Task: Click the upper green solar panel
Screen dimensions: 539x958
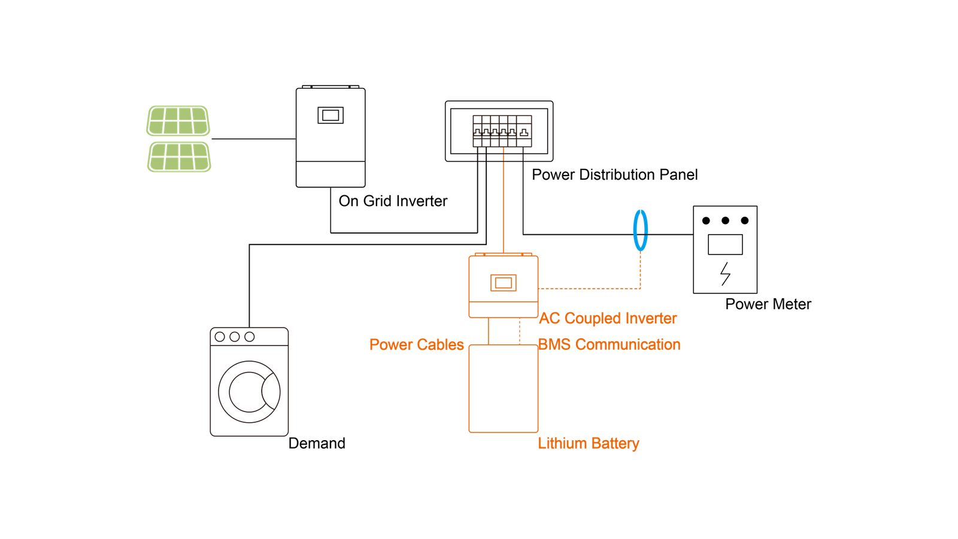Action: (178, 121)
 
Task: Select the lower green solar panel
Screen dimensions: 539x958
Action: (179, 157)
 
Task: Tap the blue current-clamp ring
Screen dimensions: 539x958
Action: (641, 230)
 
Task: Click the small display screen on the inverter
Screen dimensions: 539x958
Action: (503, 283)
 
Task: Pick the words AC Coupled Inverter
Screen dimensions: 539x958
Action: (608, 319)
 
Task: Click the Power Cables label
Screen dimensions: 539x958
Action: (417, 345)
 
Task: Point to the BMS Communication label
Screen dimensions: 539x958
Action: (609, 345)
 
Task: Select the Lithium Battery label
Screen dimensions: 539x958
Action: (589, 444)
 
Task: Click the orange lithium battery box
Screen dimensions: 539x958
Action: (503, 389)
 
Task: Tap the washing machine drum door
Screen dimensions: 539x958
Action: (249, 391)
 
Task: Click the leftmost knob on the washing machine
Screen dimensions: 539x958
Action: (220, 337)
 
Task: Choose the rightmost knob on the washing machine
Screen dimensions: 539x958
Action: (250, 337)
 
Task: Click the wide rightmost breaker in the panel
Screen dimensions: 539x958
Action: (524, 131)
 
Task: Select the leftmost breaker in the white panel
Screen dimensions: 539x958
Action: (477, 131)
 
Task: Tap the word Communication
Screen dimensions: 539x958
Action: (627, 345)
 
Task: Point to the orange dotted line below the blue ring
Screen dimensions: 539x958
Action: (641, 269)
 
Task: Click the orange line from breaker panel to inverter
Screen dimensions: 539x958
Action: (504, 204)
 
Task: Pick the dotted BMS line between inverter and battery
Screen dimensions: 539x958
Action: (520, 331)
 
